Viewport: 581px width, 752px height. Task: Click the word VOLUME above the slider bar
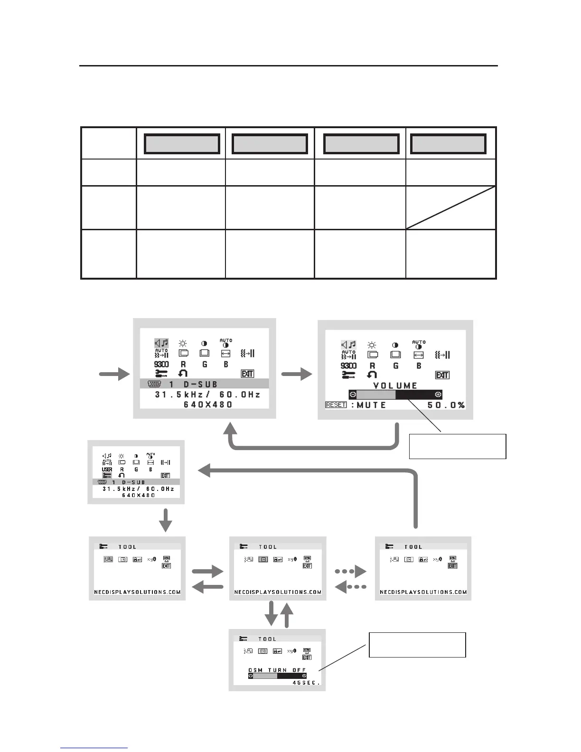[395, 385]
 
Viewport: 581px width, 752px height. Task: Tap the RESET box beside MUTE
[336, 405]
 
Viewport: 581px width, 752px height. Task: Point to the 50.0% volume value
[446, 405]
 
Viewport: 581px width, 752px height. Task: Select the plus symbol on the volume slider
[438, 395]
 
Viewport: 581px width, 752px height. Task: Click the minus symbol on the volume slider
[353, 395]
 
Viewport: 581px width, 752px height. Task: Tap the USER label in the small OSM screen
[107, 470]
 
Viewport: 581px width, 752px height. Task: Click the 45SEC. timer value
[307, 683]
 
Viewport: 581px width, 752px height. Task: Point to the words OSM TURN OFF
[277, 670]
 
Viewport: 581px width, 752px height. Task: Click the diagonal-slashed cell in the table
[450, 207]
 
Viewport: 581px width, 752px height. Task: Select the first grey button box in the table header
[182, 144]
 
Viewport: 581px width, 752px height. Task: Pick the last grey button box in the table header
[448, 144]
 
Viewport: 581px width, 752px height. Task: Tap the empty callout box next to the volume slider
[458, 446]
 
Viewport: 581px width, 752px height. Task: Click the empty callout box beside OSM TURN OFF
[417, 645]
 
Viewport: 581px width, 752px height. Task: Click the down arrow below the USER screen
[165, 520]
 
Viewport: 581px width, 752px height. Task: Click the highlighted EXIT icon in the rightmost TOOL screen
[452, 566]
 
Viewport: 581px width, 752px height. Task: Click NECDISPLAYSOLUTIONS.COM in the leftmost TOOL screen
[137, 592]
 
